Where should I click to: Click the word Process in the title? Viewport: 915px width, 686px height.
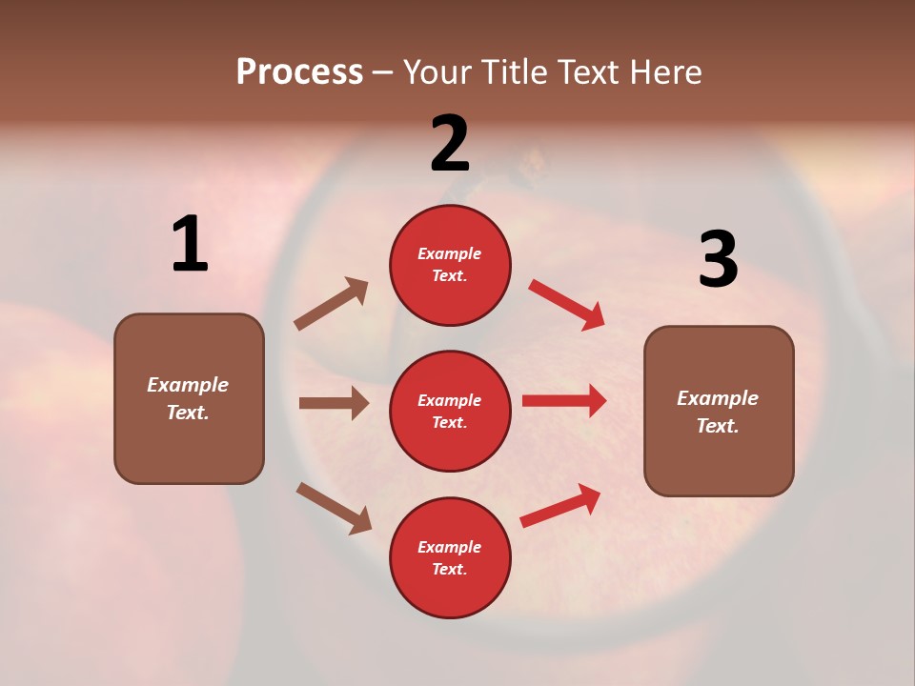[x=299, y=72]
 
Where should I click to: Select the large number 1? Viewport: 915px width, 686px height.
[x=190, y=244]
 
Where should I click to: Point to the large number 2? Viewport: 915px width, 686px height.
[x=450, y=144]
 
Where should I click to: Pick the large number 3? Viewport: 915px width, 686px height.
[x=718, y=260]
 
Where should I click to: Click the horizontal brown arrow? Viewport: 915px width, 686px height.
[x=334, y=403]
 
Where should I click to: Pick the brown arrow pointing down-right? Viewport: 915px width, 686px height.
[x=334, y=507]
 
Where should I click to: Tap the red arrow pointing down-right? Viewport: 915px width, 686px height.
[x=567, y=305]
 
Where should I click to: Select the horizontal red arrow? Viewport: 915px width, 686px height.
[x=564, y=401]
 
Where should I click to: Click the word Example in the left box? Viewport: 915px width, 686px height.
[x=188, y=385]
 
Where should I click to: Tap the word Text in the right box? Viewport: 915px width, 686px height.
[x=717, y=426]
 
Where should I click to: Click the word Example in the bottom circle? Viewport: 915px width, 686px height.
[x=450, y=547]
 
